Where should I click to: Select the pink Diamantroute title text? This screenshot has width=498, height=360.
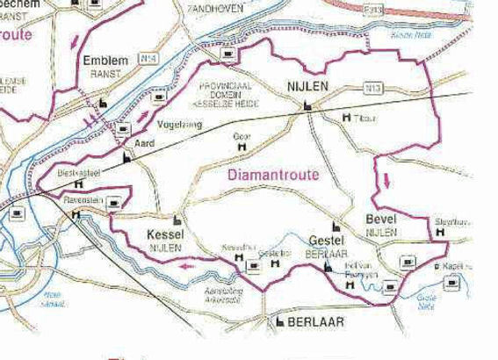[x=273, y=175]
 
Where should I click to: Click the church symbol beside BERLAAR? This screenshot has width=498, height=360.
[x=280, y=323]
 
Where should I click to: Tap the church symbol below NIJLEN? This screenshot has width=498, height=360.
[x=307, y=105]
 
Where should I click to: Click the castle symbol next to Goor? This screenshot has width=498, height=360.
[x=242, y=148]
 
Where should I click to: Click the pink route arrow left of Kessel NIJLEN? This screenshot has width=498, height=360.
[x=184, y=263]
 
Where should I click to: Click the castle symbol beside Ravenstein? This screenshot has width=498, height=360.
[x=77, y=214]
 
